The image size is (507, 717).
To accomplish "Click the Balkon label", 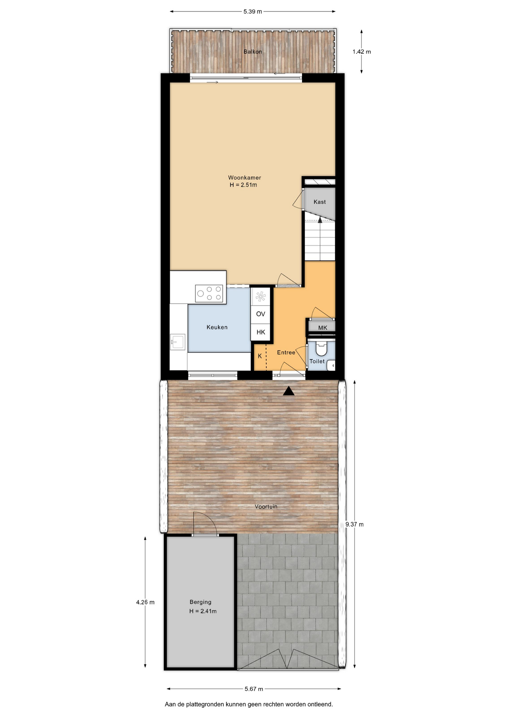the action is [253, 52].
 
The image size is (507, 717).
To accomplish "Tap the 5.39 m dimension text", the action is [253, 12].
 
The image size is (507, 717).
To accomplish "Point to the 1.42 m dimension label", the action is [362, 52].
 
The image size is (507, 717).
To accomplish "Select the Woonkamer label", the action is [245, 178].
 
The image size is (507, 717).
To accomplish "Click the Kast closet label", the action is [320, 202].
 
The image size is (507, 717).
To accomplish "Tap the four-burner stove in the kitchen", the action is [209, 294].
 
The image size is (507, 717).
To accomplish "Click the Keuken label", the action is [217, 327].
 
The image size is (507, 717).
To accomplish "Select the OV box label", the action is [261, 314].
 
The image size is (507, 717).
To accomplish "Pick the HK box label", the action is [261, 332].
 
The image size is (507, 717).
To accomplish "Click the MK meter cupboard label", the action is [323, 328].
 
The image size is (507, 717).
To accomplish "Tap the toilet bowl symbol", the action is [321, 348].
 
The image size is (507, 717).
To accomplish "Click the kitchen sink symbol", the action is [178, 342].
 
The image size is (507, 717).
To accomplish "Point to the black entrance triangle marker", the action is [289, 391].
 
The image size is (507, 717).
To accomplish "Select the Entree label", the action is [286, 353].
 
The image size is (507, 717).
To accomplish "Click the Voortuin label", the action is [266, 507].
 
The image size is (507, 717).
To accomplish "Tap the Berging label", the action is [200, 602].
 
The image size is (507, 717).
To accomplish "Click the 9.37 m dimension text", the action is [354, 524].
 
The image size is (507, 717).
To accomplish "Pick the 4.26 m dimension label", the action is [145, 602].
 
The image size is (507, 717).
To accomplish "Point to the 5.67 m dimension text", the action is [254, 689].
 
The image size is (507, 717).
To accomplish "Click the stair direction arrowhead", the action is [320, 220].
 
